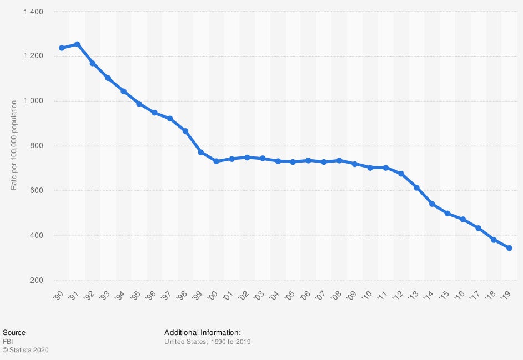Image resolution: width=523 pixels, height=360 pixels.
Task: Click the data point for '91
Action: [77, 44]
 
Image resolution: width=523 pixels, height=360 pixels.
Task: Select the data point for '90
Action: [62, 48]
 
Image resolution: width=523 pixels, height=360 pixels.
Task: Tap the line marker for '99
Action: [201, 152]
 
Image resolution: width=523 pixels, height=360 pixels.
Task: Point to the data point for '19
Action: [509, 248]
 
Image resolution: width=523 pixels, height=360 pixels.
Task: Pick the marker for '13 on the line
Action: [416, 187]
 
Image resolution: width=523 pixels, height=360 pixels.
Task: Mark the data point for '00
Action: [216, 161]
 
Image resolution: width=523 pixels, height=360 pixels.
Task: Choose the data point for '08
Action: [339, 160]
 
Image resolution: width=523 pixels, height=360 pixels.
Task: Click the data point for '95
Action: [139, 104]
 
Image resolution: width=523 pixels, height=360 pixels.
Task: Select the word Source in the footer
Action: [14, 333]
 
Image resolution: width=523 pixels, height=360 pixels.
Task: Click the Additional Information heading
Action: [202, 333]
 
